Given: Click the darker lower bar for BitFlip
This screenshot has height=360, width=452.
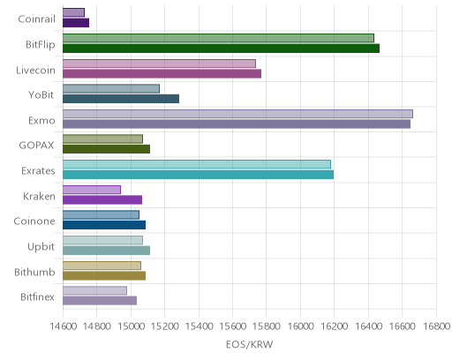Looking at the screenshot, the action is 221,49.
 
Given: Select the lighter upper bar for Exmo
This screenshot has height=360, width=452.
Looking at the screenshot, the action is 237,114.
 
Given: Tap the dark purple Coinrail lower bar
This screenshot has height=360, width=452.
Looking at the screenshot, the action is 76,23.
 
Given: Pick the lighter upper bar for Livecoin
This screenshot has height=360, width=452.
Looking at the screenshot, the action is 159,64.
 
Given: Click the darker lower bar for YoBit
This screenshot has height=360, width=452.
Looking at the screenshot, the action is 121,99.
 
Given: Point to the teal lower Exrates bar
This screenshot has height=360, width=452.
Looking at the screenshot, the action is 199,175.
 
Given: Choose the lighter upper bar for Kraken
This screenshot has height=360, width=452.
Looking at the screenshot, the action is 92,190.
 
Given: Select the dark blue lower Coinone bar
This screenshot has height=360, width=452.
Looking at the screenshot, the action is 104,225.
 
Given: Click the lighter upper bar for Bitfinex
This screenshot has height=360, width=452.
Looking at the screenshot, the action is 94,290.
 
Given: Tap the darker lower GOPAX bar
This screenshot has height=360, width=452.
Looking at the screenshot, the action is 106,149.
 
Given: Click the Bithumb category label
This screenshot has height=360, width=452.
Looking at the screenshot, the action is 34,272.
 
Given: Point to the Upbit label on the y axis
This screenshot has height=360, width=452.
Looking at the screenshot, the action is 41,247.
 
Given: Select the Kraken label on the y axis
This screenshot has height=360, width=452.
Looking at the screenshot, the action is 39,196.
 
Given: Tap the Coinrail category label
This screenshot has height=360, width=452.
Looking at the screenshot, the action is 36,19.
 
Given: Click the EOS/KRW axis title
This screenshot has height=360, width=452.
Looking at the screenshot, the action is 249,344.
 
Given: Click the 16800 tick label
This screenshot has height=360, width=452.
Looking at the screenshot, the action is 436,326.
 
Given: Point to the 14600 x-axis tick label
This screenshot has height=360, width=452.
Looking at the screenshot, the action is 64,326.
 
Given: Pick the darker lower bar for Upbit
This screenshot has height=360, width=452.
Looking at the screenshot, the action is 106,251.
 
